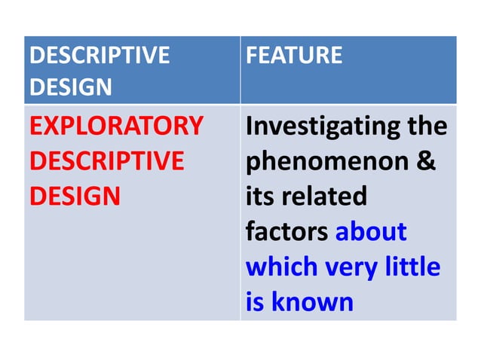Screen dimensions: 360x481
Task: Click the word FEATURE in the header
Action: tap(294, 55)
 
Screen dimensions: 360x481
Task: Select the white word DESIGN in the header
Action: tap(70, 87)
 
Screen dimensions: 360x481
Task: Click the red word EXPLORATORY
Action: tap(116, 126)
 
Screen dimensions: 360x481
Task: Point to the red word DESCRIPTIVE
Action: tap(106, 161)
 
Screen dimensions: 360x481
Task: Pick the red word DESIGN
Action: tap(75, 197)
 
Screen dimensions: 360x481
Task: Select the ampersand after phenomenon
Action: tap(427, 161)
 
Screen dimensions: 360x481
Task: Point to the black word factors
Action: tap(287, 232)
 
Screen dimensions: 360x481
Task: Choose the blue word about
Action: tap(371, 232)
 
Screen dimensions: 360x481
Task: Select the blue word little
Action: tap(413, 267)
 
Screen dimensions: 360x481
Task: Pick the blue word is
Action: tap(256, 302)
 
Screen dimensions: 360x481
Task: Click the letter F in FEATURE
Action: tap(253, 55)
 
